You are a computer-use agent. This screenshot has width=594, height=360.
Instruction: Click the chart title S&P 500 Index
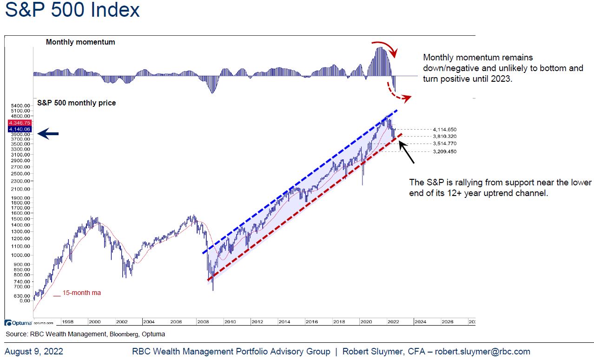point(72,10)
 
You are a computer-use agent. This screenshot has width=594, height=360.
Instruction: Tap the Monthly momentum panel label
point(80,42)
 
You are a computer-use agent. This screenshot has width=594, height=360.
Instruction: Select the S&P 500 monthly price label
point(76,103)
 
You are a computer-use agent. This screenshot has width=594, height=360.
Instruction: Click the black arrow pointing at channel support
point(407,153)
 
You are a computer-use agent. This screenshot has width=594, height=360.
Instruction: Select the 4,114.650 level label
point(444,129)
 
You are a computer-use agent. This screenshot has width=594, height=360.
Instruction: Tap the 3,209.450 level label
point(444,151)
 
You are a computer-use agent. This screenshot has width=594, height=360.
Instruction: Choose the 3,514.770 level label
point(444,144)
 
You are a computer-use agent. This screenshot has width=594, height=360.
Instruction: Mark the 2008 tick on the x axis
point(203,321)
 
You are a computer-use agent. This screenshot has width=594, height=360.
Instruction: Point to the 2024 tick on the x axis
point(420,321)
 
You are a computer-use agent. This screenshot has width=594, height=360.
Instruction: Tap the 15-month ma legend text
point(81,293)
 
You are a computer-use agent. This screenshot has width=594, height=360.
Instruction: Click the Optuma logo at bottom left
point(19,322)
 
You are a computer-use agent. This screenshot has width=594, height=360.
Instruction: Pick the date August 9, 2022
point(34,352)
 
